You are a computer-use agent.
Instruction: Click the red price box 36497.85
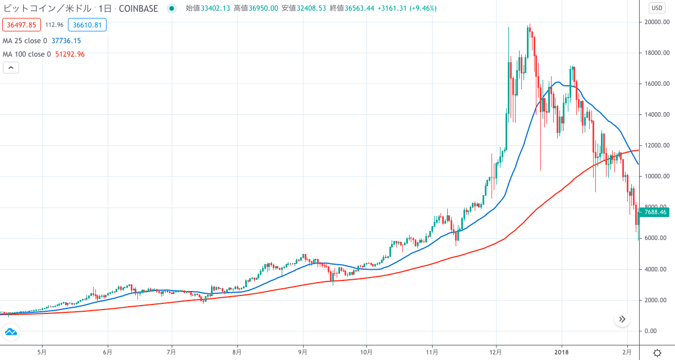click(x=21, y=25)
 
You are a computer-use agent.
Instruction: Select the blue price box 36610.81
click(x=87, y=25)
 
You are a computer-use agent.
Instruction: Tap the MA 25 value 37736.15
click(x=66, y=41)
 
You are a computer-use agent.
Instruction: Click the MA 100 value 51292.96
click(x=70, y=54)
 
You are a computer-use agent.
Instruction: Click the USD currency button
click(x=657, y=8)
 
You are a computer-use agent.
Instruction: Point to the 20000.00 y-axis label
click(x=657, y=22)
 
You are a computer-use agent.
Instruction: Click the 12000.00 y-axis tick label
click(x=657, y=145)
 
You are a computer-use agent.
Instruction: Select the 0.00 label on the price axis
click(x=650, y=331)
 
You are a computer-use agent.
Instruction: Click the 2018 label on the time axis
click(x=562, y=352)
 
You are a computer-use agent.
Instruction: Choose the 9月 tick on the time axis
click(x=303, y=352)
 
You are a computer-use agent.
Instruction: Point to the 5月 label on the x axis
click(x=42, y=352)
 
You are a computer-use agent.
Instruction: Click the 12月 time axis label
click(x=495, y=352)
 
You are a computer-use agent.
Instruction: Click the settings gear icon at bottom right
click(x=657, y=353)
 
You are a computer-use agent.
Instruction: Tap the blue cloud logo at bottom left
click(x=11, y=332)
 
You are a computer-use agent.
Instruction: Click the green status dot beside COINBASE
click(x=172, y=8)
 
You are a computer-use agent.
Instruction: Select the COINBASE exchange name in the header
click(x=139, y=8)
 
